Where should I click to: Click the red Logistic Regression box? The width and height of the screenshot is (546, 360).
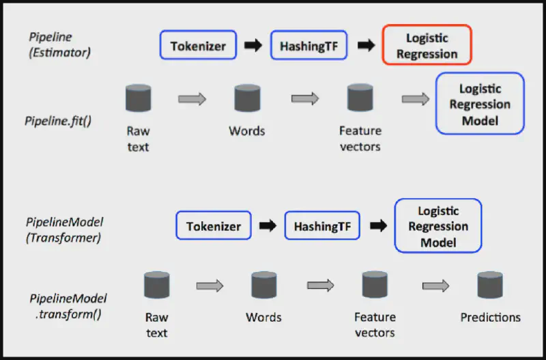427,45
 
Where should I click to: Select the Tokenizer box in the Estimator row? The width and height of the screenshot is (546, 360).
198,46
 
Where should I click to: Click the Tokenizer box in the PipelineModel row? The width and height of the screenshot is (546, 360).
214,226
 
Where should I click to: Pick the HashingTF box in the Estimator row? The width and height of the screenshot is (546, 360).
309,46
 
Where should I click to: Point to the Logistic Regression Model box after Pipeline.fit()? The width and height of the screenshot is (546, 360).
480,104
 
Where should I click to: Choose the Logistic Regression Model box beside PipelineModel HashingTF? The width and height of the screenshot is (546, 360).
438,226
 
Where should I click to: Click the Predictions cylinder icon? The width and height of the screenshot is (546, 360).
490,285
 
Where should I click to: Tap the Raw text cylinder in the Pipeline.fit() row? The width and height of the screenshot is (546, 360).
138,98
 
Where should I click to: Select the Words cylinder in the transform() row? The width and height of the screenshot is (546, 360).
263,285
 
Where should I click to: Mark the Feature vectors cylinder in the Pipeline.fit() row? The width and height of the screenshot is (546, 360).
360,98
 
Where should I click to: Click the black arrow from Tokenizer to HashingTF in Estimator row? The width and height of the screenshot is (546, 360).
253,46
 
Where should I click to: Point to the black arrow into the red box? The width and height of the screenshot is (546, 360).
367,46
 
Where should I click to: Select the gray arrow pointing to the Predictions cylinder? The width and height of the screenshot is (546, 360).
435,286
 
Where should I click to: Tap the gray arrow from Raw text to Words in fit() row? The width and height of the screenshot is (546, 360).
192,99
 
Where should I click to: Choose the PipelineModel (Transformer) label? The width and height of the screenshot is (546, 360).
64,229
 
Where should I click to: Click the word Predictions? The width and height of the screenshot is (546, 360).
490,318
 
